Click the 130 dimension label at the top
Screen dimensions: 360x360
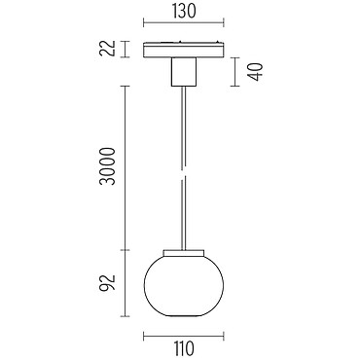(x=184, y=12)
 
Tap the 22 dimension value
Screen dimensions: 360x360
(x=108, y=49)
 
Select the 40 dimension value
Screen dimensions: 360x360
(x=255, y=72)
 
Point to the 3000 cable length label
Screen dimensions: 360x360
(x=108, y=166)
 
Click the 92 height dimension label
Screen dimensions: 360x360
(x=108, y=283)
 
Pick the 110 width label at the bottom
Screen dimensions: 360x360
(x=184, y=348)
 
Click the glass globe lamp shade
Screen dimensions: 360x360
(x=184, y=285)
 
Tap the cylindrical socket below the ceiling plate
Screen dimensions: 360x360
(x=184, y=72)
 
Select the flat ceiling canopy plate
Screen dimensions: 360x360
(x=184, y=50)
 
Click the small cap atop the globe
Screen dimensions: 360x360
(x=184, y=253)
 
